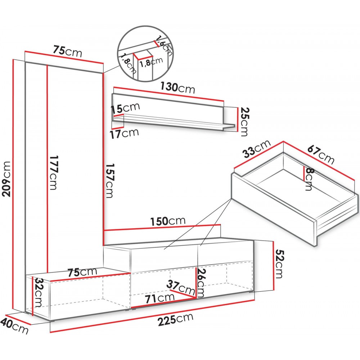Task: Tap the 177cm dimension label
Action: click(x=53, y=173)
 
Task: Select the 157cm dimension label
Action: click(x=109, y=180)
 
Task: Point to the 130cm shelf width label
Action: click(x=177, y=87)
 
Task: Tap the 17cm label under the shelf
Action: click(x=124, y=134)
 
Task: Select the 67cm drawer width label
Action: click(x=321, y=154)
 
